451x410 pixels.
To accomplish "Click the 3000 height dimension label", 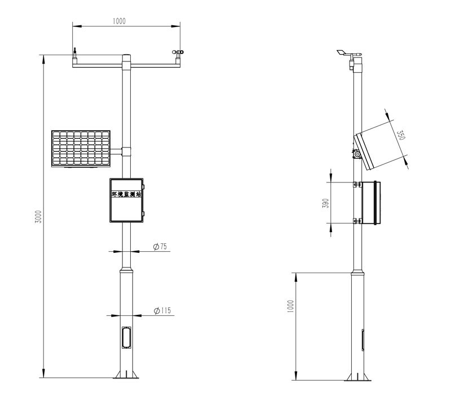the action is (38, 216).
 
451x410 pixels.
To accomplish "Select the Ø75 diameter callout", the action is (160, 246).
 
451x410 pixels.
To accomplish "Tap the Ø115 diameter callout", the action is (162, 310).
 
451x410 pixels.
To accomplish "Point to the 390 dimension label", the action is (326, 203).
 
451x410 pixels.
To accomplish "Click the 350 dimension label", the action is (401, 135).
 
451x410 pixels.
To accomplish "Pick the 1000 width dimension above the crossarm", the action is (119, 21).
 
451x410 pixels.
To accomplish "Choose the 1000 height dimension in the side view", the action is (290, 306).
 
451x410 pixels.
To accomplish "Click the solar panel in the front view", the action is (81, 149).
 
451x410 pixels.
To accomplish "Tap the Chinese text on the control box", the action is (126, 194).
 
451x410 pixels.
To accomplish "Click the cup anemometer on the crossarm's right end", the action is (178, 52).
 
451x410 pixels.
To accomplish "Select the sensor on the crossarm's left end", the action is (74, 56).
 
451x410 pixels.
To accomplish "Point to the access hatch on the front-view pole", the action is (126, 337).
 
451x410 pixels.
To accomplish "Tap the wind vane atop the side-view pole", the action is (350, 53).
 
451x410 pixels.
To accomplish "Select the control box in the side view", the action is (371, 203).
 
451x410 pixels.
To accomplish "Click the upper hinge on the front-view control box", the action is (144, 187).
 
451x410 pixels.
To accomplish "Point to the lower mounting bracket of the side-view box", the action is (357, 221).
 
